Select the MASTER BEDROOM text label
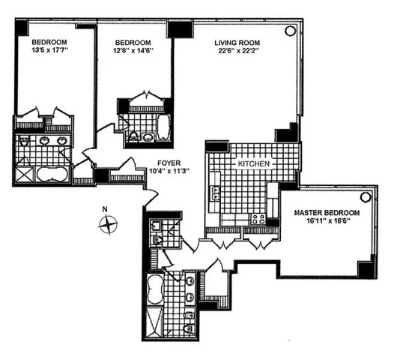327,213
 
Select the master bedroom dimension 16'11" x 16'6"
327,222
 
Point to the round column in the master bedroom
365,196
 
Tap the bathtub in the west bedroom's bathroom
50,175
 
